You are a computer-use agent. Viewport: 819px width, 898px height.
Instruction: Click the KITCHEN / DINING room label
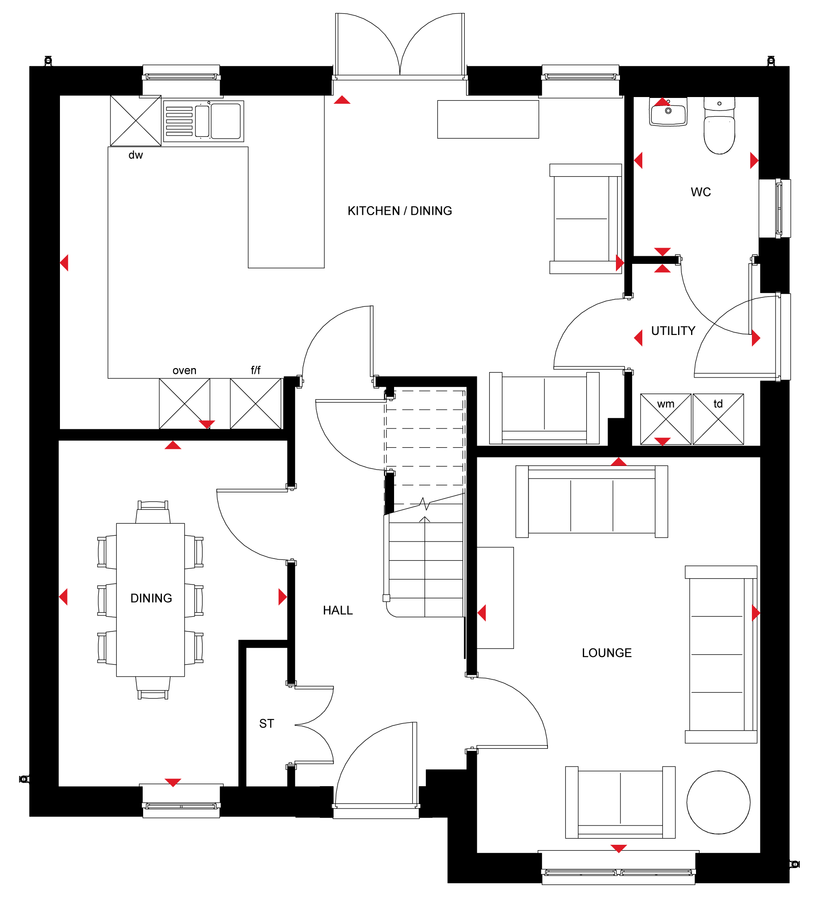pos(400,211)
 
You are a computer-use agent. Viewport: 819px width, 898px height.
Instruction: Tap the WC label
pos(700,192)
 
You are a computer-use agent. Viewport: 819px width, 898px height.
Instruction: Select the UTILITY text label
pos(673,330)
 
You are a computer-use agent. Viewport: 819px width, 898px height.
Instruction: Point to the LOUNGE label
pos(607,652)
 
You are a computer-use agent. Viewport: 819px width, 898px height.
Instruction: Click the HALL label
pos(338,610)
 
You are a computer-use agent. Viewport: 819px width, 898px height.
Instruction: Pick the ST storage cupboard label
pos(267,724)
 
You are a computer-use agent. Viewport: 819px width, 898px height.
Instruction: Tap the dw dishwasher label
pos(136,155)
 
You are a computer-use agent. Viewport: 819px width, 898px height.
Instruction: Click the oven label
pos(184,370)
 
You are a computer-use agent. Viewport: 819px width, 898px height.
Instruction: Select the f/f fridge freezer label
pos(255,370)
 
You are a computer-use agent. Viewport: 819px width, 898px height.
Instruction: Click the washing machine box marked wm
pos(666,419)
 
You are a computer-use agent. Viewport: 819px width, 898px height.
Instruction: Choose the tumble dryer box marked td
pos(718,419)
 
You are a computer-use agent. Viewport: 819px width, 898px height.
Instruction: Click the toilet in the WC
pos(719,126)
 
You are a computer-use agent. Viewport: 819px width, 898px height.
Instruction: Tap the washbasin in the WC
pos(668,112)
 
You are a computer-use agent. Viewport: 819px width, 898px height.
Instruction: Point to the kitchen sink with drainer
pos(204,121)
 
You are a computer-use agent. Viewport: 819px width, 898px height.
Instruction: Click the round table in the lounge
pos(718,802)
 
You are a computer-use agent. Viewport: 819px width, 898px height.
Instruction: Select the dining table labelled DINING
pos(150,600)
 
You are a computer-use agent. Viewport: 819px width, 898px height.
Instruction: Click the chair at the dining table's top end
pos(153,512)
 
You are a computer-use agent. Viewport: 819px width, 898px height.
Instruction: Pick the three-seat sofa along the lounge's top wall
pos(592,501)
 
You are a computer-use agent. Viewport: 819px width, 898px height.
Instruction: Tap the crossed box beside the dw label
pos(136,121)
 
